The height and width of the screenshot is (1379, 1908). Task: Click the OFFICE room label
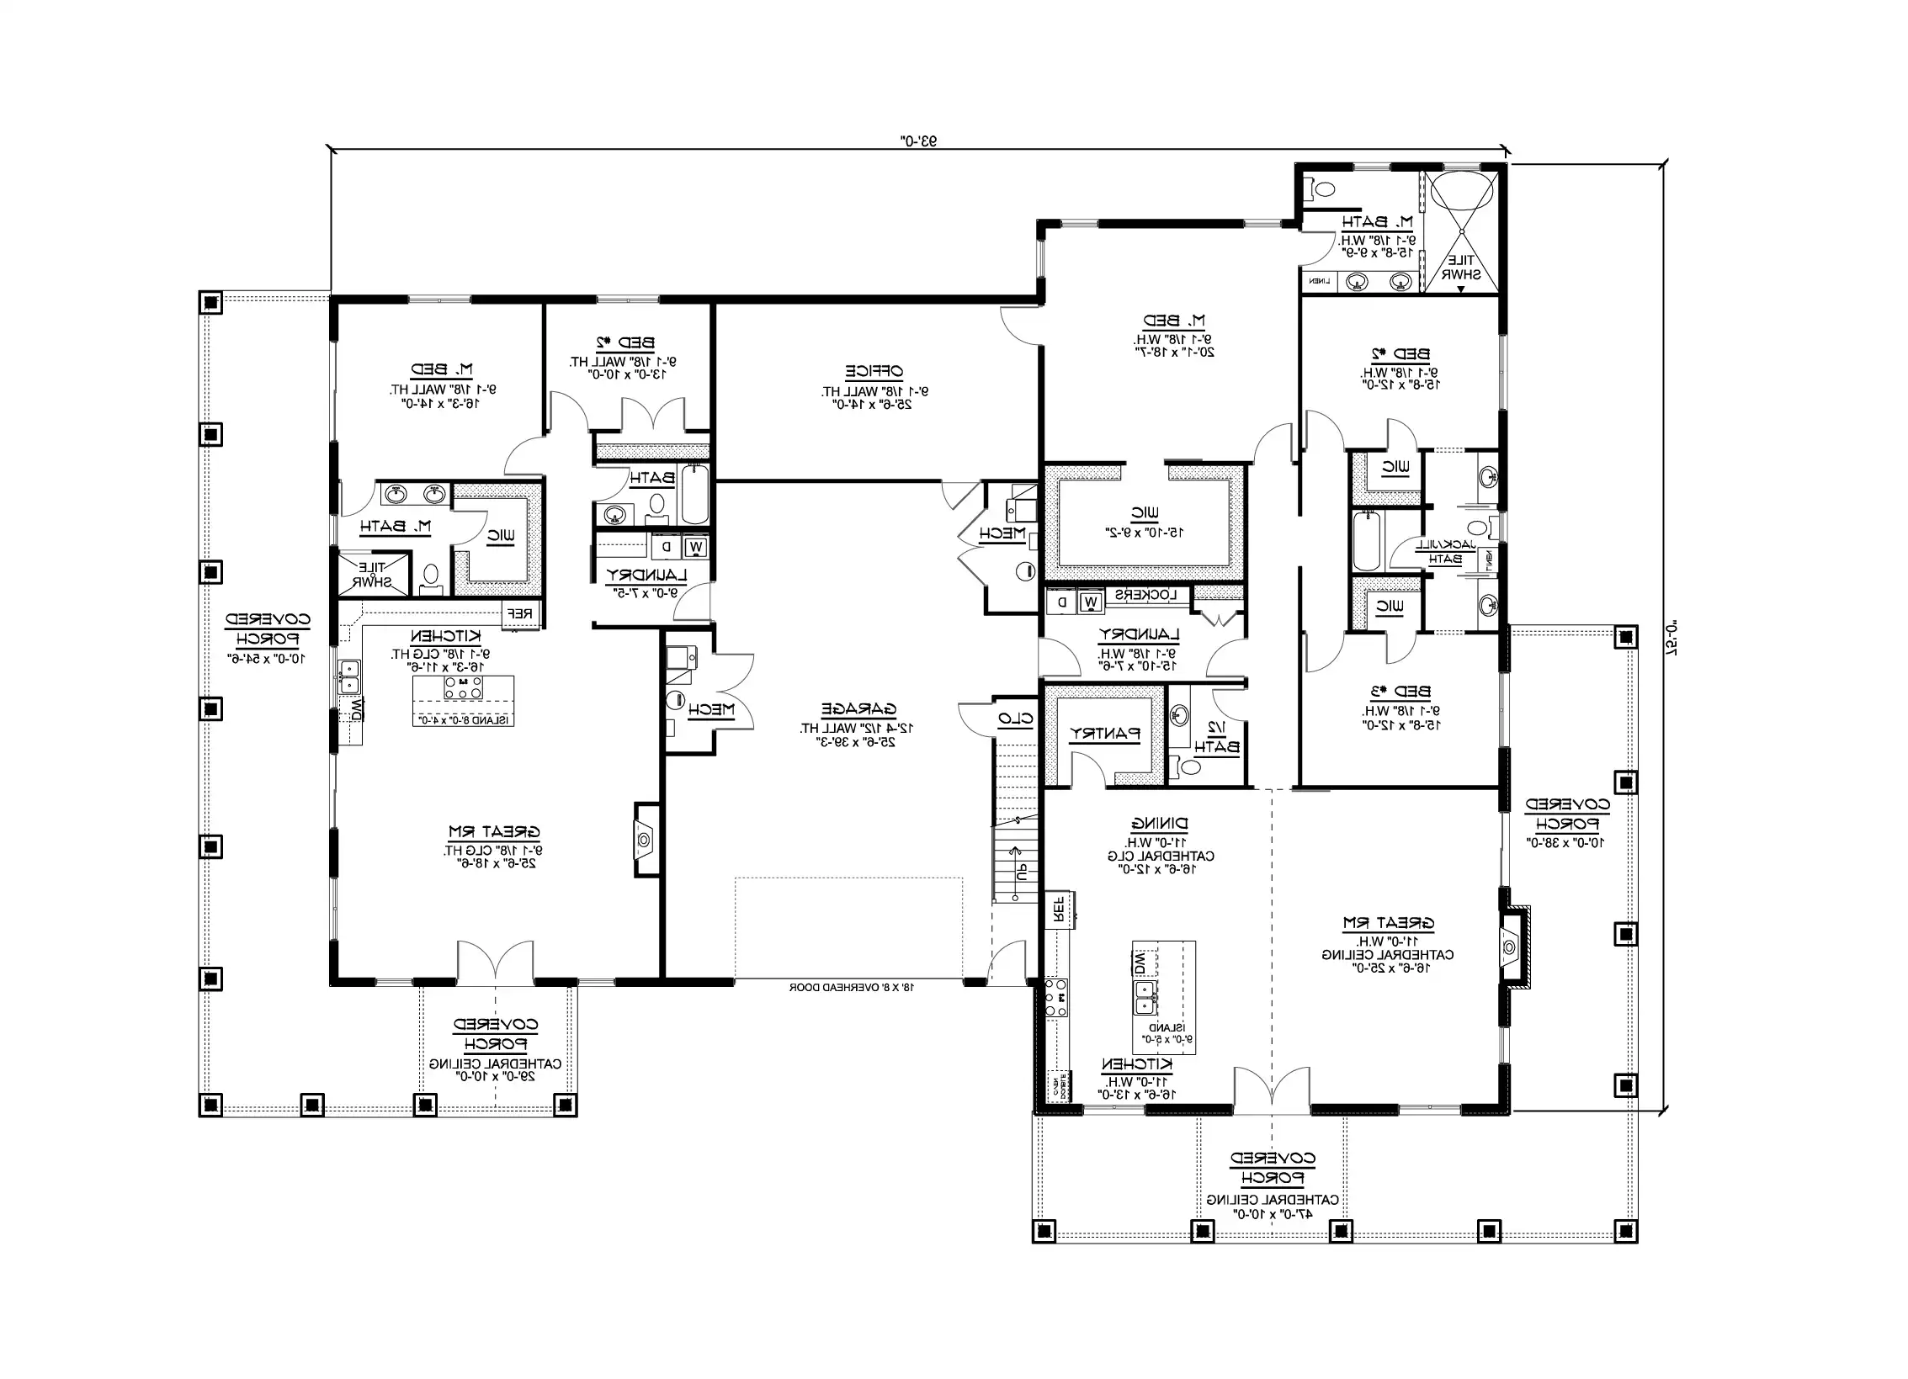874,371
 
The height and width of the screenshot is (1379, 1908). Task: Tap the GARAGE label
858,708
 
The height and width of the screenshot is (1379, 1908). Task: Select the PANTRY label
1104,734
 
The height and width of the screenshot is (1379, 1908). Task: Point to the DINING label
1159,823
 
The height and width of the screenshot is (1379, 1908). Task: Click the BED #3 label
1400,692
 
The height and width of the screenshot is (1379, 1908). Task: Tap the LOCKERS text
1145,595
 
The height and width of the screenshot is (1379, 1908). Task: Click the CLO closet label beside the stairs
1015,719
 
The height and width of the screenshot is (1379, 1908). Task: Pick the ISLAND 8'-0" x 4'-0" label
463,720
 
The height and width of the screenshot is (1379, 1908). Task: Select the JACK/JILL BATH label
1444,552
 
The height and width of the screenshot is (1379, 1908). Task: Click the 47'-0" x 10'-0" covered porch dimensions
1272,1214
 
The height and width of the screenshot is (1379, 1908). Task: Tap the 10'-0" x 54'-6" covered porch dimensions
266,658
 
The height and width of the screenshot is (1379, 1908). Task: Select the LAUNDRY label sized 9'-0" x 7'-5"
646,575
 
